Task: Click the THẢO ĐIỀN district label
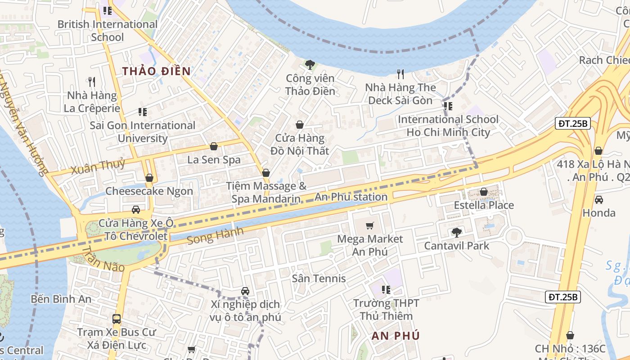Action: pyautogui.click(x=157, y=71)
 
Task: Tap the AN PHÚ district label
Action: pyautogui.click(x=396, y=336)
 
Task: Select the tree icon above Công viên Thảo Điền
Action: pyautogui.click(x=310, y=65)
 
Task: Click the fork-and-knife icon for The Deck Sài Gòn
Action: pyautogui.click(x=400, y=74)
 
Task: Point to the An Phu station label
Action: pyautogui.click(x=351, y=197)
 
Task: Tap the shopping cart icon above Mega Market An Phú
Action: pyautogui.click(x=370, y=225)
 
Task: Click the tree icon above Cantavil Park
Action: pyautogui.click(x=456, y=233)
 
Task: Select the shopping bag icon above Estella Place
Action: pyautogui.click(x=484, y=192)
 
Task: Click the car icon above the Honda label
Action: pyautogui.click(x=598, y=200)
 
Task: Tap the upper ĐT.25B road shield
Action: pyautogui.click(x=572, y=124)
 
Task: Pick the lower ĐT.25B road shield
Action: pyautogui.click(x=563, y=297)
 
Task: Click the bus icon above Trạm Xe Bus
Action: pyautogui.click(x=117, y=319)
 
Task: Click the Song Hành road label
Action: pyautogui.click(x=215, y=236)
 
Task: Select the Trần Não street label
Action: pyautogui.click(x=103, y=259)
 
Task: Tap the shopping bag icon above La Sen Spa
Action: pyautogui.click(x=214, y=147)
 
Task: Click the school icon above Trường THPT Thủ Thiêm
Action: pyautogui.click(x=386, y=290)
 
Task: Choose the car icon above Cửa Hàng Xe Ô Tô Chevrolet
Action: pyautogui.click(x=135, y=210)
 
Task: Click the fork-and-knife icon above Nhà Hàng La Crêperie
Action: pyautogui.click(x=92, y=82)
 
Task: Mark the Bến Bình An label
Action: pyautogui.click(x=61, y=299)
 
